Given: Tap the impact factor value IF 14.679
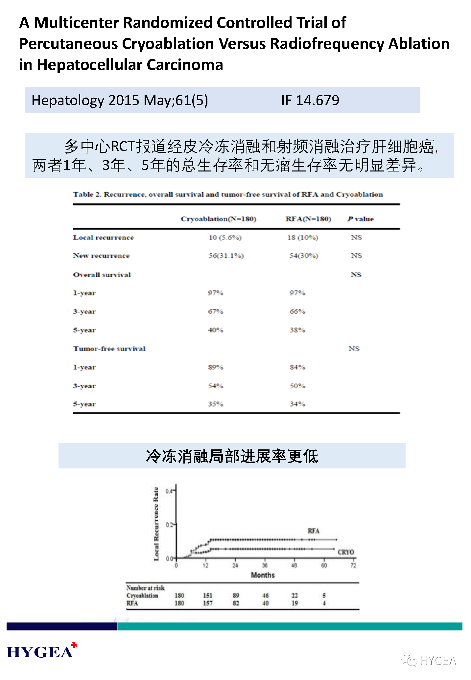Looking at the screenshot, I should click(310, 100).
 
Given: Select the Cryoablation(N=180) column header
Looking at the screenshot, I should click(219, 219).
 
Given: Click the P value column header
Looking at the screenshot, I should click(361, 219).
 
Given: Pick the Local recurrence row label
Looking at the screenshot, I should click(103, 238).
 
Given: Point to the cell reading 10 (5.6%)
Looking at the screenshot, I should click(225, 238).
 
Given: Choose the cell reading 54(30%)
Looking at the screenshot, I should click(303, 256).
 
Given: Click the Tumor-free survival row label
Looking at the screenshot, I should click(109, 349).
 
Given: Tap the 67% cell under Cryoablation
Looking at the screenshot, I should click(215, 311).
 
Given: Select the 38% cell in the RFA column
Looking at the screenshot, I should click(297, 330).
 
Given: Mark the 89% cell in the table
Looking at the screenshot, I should click(215, 367).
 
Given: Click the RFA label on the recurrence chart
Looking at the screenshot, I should click(313, 531).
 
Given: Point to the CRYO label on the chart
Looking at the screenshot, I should click(346, 552).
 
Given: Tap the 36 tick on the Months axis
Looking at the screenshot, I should click(265, 565).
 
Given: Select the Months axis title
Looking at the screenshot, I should click(263, 575).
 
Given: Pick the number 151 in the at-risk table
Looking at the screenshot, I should click(207, 596).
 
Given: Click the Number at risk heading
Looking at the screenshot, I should click(145, 588).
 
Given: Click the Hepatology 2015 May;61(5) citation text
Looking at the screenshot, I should click(120, 100).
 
